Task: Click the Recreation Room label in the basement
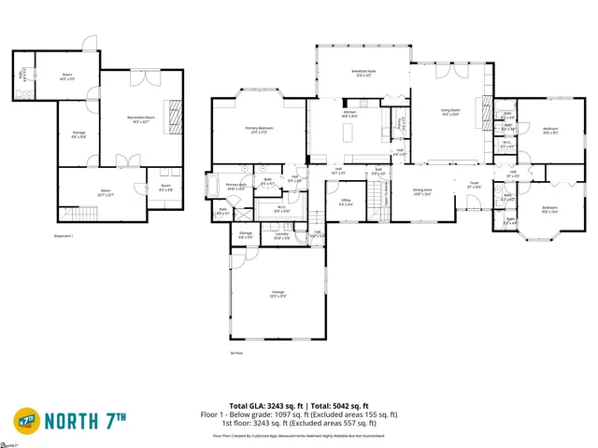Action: point(142,119)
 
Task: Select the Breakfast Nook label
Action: point(363,74)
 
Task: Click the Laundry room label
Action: point(281,237)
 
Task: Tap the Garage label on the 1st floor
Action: point(278,297)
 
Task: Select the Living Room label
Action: point(451,112)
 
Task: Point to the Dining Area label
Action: point(421,193)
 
